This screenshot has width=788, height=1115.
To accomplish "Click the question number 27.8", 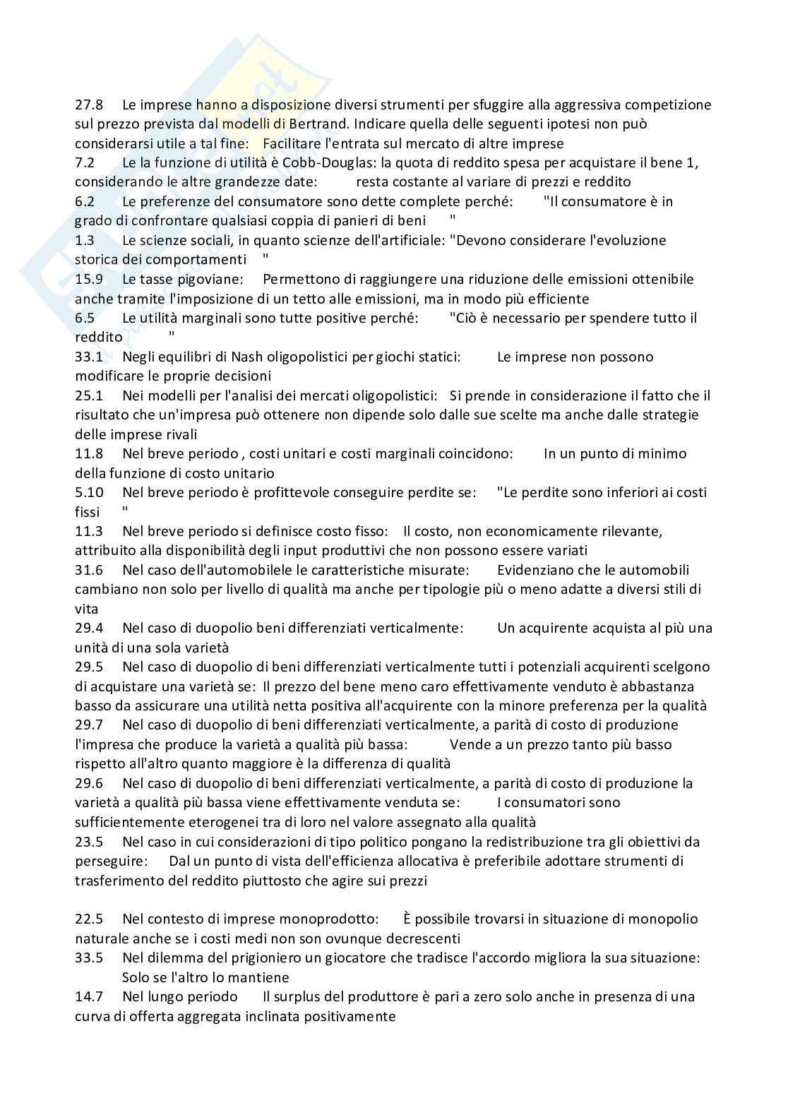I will pos(89,105).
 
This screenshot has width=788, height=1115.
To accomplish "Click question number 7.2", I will pos(85,163).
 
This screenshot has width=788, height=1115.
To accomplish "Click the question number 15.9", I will pos(89,280).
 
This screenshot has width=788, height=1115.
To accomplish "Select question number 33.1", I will pos(89,357).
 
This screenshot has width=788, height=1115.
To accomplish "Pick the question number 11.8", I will pos(89,454).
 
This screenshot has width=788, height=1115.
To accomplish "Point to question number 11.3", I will pos(89,532).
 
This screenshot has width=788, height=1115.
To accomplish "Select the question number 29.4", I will pos(89,628).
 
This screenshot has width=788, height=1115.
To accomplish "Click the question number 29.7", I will pos(89,725).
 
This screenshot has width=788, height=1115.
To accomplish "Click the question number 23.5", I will pos(89,842).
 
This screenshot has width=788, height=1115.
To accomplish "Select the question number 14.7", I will pos(89,997).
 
